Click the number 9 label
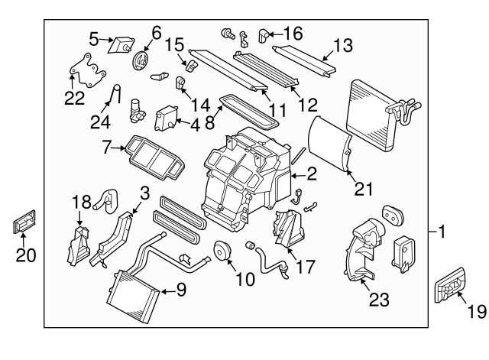pyautogui.click(x=180, y=290)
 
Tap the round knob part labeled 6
pyautogui.click(x=141, y=61)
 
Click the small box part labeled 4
pyautogui.click(x=167, y=118)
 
